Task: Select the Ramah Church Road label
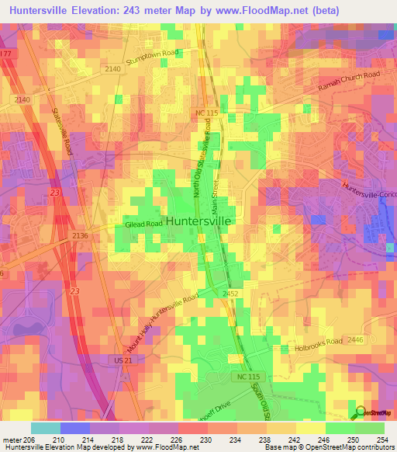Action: point(348,81)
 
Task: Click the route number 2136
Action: point(81,235)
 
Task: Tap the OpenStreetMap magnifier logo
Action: point(361,412)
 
